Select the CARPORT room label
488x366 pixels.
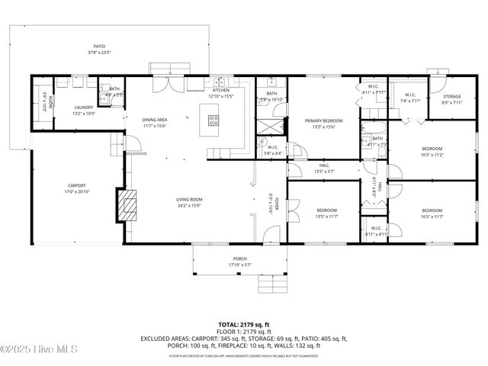click(x=76, y=185)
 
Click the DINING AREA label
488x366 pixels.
click(x=156, y=120)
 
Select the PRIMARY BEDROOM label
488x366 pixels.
click(x=324, y=120)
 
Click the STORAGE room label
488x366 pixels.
click(x=452, y=97)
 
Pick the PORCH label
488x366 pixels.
click(x=239, y=259)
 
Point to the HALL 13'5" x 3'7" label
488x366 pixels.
click(x=324, y=168)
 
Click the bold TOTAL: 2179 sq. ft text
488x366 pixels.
click(x=243, y=325)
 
